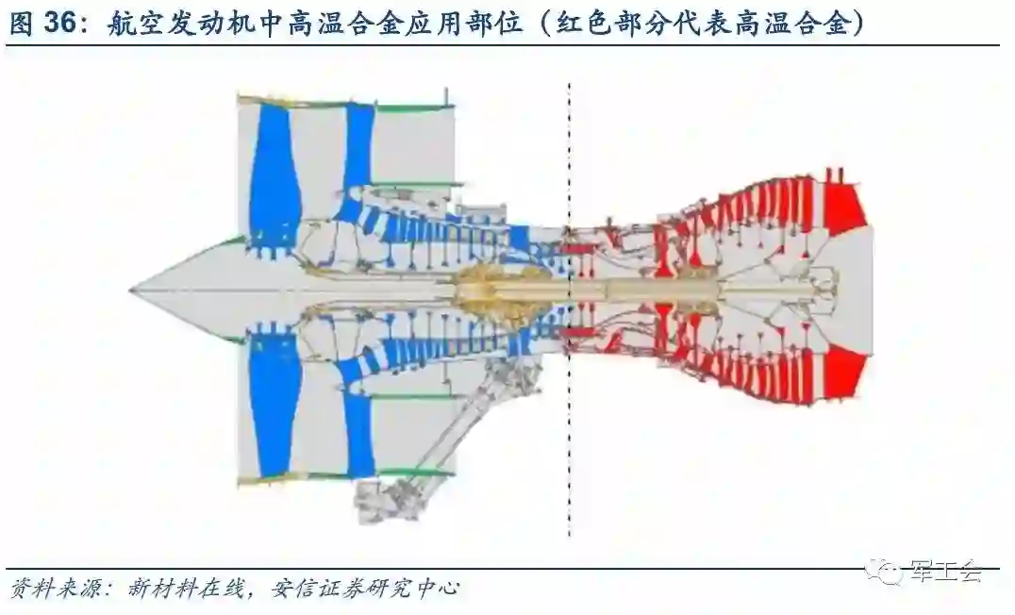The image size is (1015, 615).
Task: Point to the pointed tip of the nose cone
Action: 132,290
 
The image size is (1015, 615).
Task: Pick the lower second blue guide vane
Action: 358,429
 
